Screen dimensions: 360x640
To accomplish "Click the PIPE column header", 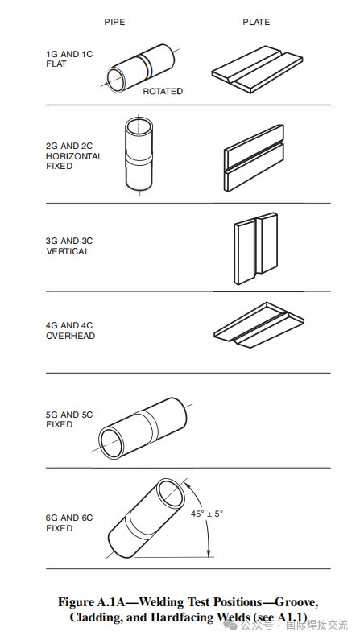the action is click(114, 22).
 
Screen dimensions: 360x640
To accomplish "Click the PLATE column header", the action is click(256, 22).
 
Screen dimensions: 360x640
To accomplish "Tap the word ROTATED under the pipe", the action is click(163, 92).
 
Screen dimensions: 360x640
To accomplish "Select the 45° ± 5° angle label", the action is click(207, 514).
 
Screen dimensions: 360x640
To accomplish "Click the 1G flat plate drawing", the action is click(258, 69).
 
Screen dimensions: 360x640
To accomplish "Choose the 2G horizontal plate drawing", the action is click(254, 158).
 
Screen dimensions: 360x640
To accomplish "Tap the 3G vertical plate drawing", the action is click(255, 248).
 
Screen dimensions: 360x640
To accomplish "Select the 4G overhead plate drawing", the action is click(259, 324).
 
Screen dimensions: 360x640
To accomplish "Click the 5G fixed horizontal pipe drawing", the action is click(142, 427).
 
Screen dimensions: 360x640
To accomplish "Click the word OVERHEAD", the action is click(70, 336).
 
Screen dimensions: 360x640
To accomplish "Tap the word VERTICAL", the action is click(68, 251).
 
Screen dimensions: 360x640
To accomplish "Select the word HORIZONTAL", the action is click(74, 156).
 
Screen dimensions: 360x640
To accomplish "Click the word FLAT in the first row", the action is click(56, 64).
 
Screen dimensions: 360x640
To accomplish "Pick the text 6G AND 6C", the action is click(69, 518).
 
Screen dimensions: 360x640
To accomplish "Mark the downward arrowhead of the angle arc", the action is click(209, 552).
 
